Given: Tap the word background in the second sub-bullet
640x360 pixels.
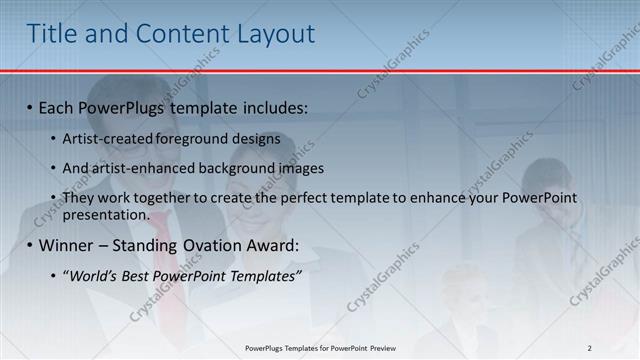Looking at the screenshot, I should (x=233, y=168).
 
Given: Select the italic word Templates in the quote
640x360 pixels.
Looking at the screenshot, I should (x=262, y=275).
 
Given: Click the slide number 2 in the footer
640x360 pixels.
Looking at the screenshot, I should (x=589, y=348).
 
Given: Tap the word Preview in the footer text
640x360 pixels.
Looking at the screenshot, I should (x=376, y=348).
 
